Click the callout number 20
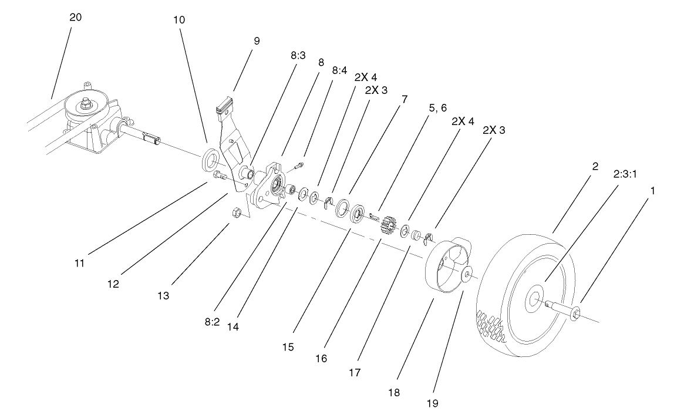click(75, 17)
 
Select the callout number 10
click(179, 19)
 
